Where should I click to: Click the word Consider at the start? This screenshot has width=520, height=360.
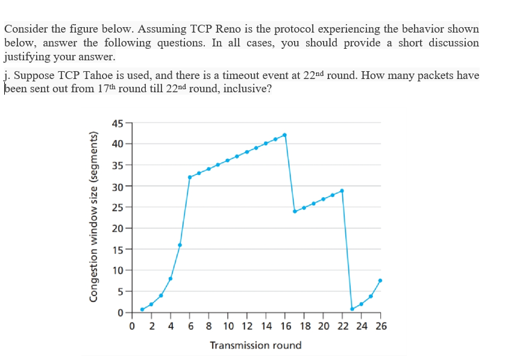click(26, 29)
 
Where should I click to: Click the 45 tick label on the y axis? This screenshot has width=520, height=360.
click(117, 124)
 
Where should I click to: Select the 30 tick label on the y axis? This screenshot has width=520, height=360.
click(117, 187)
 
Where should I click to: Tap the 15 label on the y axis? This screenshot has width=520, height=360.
click(117, 250)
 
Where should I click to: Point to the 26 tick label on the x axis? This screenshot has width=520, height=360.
click(380, 326)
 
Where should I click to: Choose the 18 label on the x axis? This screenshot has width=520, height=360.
click(304, 326)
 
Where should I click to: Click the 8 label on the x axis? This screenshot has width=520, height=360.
click(208, 326)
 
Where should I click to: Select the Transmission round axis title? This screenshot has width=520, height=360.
click(255, 346)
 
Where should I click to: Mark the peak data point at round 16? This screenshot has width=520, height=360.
click(285, 135)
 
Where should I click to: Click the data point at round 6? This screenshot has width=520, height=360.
click(190, 177)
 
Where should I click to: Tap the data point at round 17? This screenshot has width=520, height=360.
click(295, 211)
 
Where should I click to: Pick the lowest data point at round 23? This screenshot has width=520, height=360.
click(352, 309)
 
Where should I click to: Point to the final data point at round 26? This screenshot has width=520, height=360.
click(380, 280)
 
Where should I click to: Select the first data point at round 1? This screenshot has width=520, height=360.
click(142, 309)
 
